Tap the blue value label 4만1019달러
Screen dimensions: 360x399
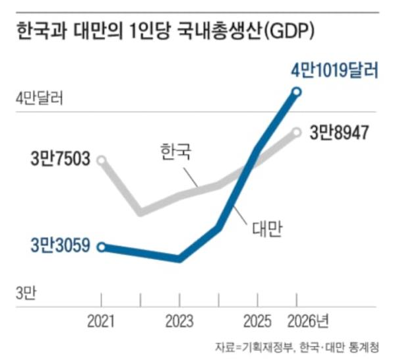click(336, 70)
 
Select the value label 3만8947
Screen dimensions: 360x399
click(339, 132)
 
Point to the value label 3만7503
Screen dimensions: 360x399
click(59, 160)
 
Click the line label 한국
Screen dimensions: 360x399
click(175, 153)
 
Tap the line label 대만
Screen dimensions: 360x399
click(266, 228)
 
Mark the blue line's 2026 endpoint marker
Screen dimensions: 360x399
click(297, 92)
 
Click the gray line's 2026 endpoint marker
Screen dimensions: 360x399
click(297, 133)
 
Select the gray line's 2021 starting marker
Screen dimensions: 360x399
click(101, 160)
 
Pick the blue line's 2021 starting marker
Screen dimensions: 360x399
click(101, 247)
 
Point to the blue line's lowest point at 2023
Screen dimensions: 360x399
click(179, 258)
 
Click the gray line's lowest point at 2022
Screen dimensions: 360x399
click(140, 212)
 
